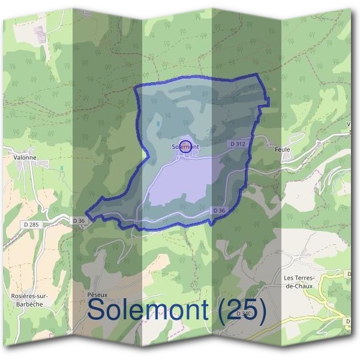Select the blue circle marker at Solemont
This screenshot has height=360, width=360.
click(186, 145)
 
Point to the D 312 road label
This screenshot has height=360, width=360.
click(238, 144)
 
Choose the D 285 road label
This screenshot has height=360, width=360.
click(33, 224)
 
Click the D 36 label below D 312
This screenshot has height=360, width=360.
click(219, 211)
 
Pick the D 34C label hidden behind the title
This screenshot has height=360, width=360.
click(243, 314)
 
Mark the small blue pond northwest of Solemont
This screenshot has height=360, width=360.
click(159, 124)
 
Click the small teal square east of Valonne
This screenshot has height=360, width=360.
click(61, 167)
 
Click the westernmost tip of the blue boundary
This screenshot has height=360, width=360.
click(87, 214)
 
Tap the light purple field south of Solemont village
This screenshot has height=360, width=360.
click(180, 183)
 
